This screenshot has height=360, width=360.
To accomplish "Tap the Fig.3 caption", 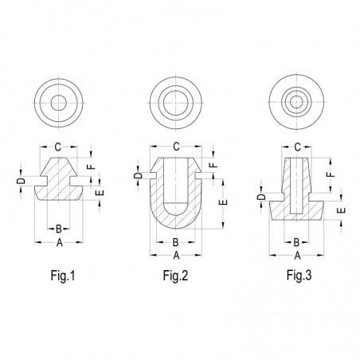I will (297, 278).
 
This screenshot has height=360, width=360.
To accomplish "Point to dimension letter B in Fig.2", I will (175, 244).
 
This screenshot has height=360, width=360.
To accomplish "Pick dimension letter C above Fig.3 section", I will (297, 147).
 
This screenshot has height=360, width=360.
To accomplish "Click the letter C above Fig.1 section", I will (57, 147).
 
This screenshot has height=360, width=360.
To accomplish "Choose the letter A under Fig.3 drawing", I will (297, 256).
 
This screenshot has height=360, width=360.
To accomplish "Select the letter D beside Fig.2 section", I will (137, 176).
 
